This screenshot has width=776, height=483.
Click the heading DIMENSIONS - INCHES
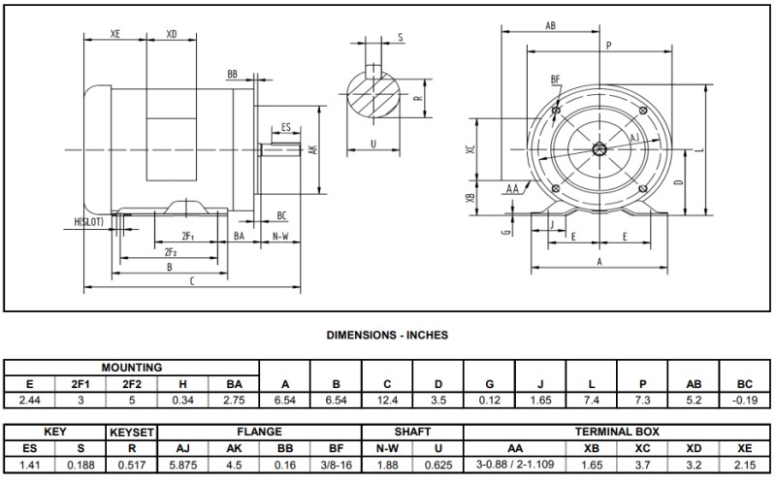tap(386, 335)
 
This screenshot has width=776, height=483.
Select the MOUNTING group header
tap(131, 369)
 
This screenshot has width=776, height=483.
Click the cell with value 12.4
tap(387, 399)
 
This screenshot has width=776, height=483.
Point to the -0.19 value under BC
tap(745, 399)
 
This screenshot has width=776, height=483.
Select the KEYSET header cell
tap(132, 432)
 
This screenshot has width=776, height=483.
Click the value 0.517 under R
tap(132, 463)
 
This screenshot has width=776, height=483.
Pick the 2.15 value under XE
tap(745, 463)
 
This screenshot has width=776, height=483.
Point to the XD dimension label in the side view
tap(172, 34)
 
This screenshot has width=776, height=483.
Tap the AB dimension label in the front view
tap(551, 25)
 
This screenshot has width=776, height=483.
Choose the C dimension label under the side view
tap(191, 281)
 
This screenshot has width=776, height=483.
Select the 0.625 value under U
tap(438, 463)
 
